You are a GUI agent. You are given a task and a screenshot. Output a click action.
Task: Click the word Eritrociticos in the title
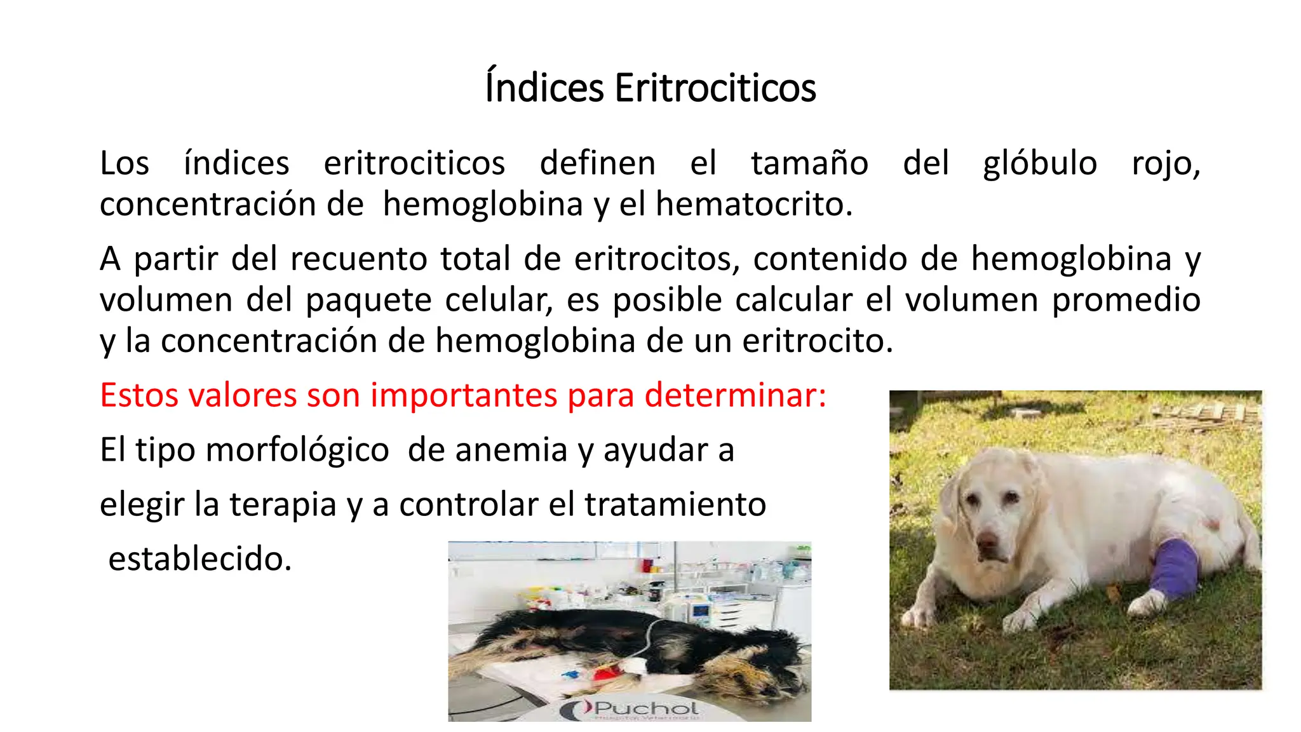pyautogui.click(x=715, y=88)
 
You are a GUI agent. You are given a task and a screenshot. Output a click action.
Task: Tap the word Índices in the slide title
pyautogui.click(x=544, y=88)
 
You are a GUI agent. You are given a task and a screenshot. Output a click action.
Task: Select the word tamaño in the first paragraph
pyautogui.click(x=809, y=163)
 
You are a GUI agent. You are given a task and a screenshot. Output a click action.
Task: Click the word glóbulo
pyautogui.click(x=1040, y=163)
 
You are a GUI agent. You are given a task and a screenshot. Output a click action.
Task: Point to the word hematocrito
pyautogui.click(x=753, y=205)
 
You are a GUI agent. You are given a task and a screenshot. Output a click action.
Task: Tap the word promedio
pyautogui.click(x=1126, y=301)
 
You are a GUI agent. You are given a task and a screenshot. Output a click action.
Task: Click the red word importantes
pyautogui.click(x=464, y=395)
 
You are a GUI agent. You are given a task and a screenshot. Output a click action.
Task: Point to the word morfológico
pyautogui.click(x=297, y=450)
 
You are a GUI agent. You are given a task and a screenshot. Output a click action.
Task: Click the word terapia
pyautogui.click(x=283, y=505)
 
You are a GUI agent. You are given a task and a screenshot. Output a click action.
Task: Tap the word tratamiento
pyautogui.click(x=675, y=505)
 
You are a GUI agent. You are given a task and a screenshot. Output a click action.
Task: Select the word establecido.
pyautogui.click(x=199, y=559)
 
